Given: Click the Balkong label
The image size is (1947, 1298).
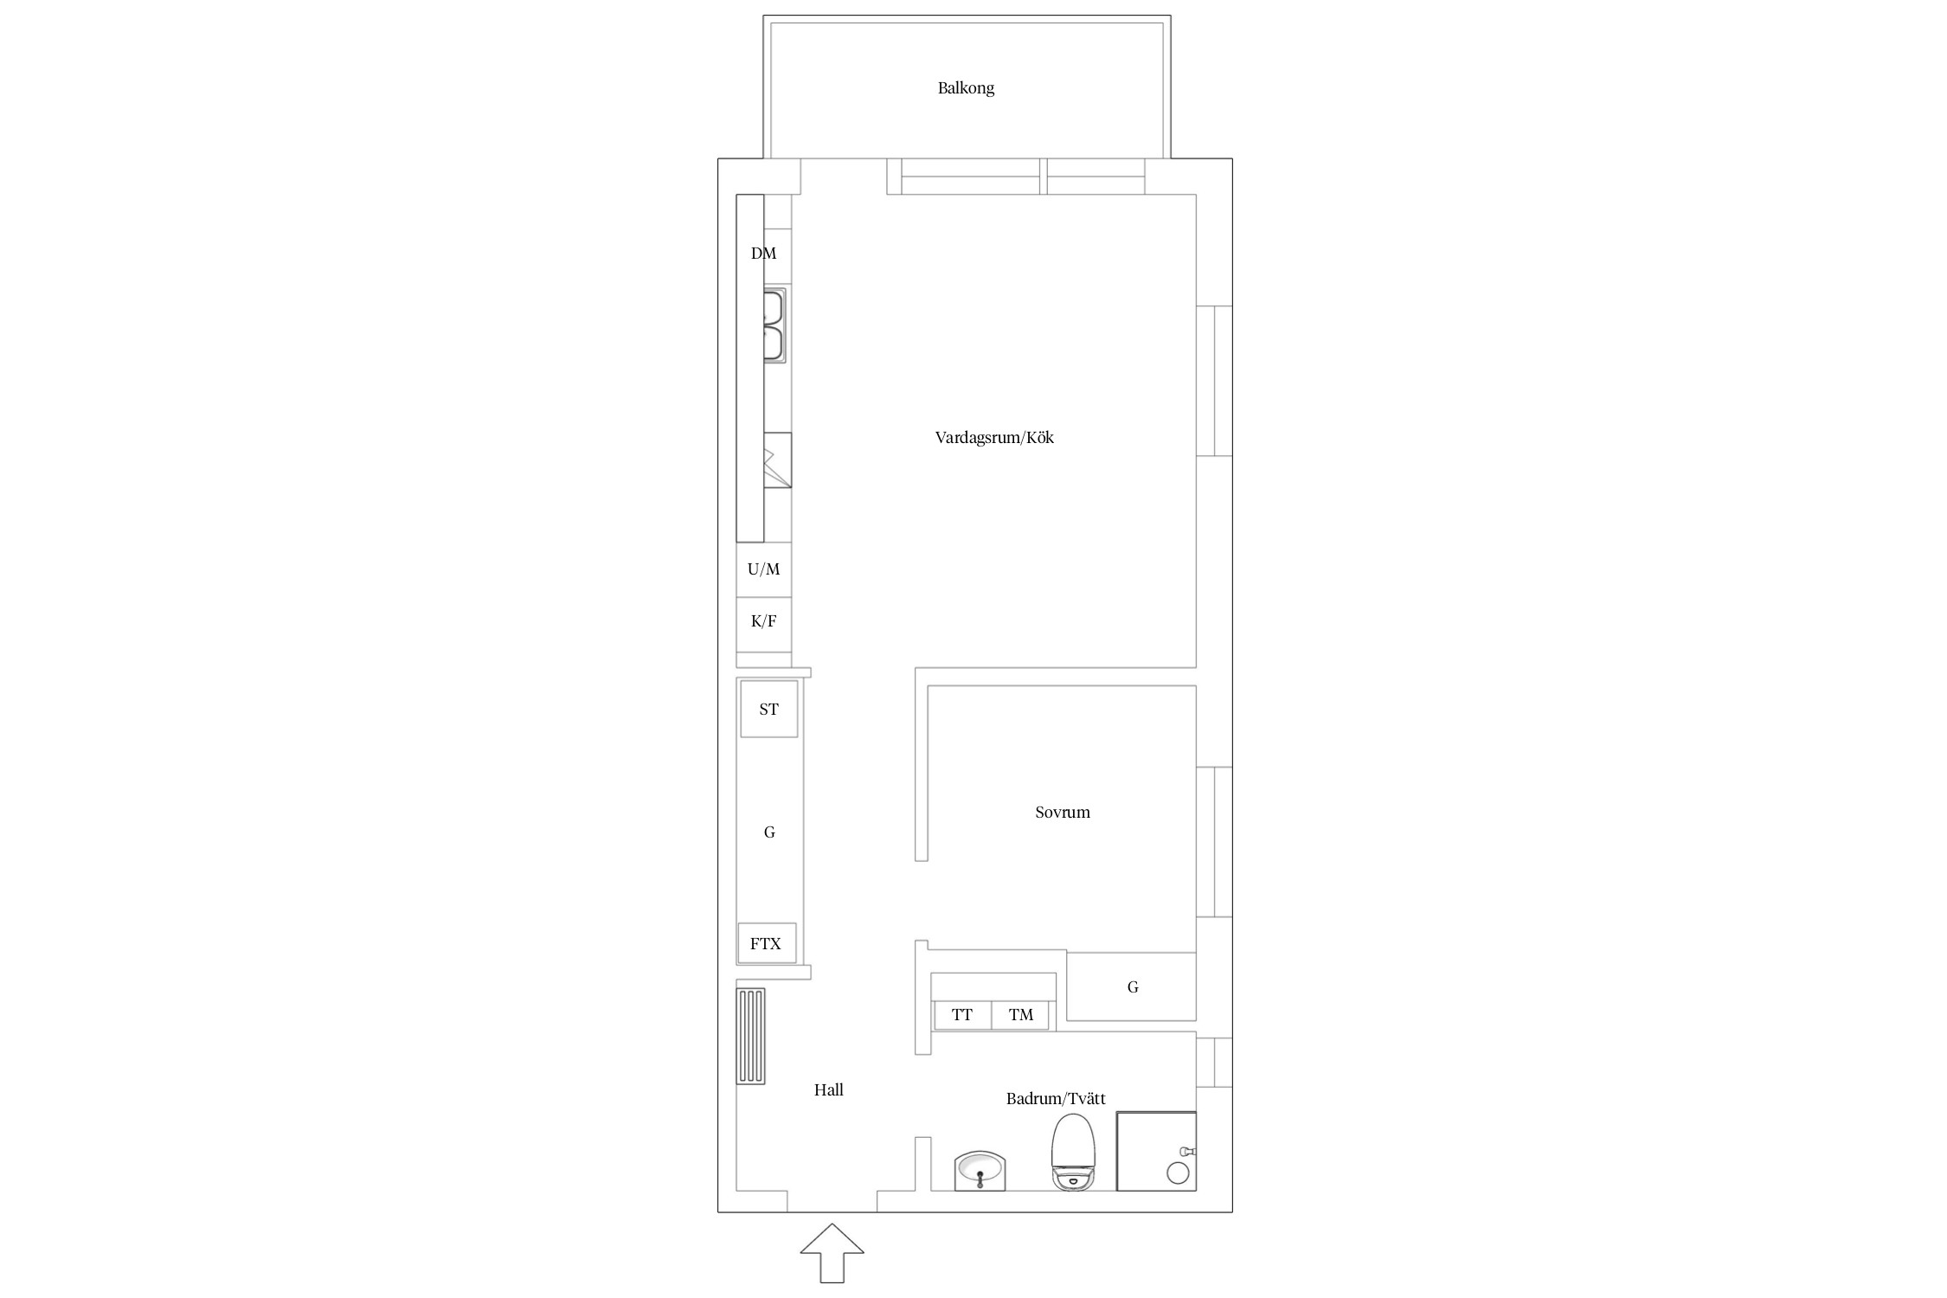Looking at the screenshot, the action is point(966,88).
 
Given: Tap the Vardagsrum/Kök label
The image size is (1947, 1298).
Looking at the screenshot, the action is point(994,437).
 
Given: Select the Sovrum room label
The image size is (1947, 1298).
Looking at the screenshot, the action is point(1063,812).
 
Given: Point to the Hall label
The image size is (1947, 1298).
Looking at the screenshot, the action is point(828,1089).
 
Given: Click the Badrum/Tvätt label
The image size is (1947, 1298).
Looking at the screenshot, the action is point(1056,1099).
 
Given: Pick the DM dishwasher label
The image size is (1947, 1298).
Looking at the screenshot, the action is point(763,254).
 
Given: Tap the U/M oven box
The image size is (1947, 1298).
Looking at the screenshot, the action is point(764,569).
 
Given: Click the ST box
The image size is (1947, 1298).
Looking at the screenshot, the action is point(768,710).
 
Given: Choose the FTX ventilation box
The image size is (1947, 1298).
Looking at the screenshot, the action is point(766,943).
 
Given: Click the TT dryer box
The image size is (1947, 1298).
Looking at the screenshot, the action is point(961,1015).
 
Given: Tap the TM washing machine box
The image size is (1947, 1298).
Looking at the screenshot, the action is point(1020,1015).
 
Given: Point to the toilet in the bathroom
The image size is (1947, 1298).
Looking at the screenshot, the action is point(1072,1152).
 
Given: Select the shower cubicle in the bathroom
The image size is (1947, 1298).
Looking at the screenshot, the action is point(1156,1151).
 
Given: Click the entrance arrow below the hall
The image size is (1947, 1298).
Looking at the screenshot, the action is point(832,1252).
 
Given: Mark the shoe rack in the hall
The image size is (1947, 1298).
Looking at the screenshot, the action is point(750,1036).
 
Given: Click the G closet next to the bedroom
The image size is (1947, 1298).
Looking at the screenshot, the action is point(1132,986).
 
